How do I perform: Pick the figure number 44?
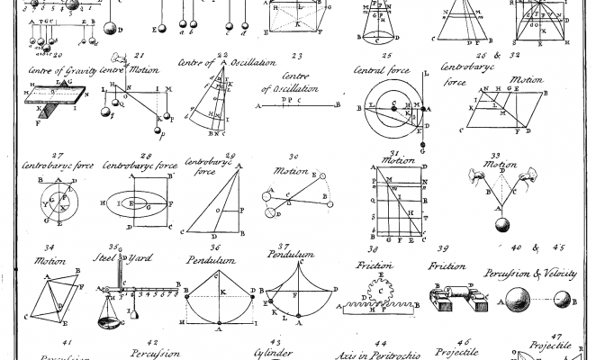(x=381, y=344)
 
